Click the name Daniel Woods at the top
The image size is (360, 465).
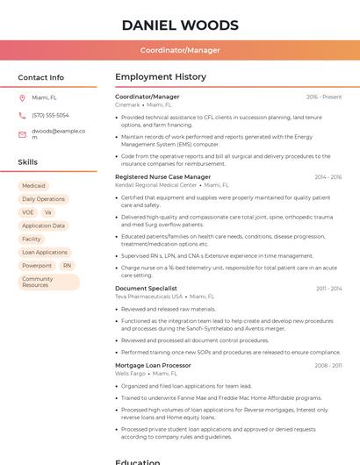point(180,25)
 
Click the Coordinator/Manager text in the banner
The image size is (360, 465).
point(180,50)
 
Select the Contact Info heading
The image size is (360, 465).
point(41,77)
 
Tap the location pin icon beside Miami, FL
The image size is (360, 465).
point(22,97)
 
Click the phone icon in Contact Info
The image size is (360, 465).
point(22,115)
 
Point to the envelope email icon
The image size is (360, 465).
point(22,134)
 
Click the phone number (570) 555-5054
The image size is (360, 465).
point(50,115)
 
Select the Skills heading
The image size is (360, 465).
point(28,162)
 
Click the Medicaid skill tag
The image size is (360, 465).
point(33,186)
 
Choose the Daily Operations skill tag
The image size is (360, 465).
point(43,199)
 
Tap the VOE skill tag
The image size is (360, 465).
point(28,212)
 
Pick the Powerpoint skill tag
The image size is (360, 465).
point(37,265)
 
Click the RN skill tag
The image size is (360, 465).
point(67,265)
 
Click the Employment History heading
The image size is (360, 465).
point(161,77)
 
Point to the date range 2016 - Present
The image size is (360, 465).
point(324,97)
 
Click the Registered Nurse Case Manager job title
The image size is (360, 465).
point(162,176)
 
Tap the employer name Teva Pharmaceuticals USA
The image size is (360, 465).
point(149,297)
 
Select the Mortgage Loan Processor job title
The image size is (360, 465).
point(153,365)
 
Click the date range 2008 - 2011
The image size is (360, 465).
point(328,365)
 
